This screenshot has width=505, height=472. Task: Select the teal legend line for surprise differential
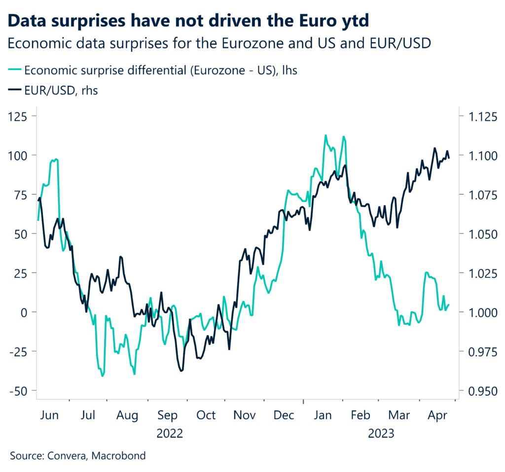(15, 70)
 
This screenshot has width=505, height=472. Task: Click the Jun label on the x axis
(49, 415)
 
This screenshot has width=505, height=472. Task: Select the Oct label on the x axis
(206, 415)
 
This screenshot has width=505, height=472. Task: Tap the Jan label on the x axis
(323, 415)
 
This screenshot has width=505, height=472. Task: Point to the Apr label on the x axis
(437, 415)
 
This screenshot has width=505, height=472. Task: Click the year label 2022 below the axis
(170, 434)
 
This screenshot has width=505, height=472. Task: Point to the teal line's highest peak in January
(325, 135)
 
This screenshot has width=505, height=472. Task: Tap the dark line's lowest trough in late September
(181, 371)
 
